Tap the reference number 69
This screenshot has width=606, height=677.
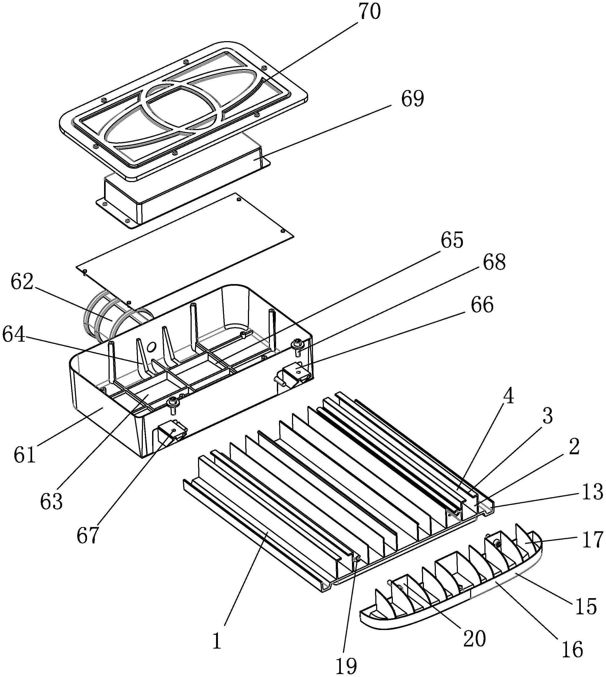[412, 99]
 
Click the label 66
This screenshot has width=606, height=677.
[482, 305]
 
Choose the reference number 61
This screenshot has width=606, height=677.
[25, 455]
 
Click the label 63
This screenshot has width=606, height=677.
[51, 502]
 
